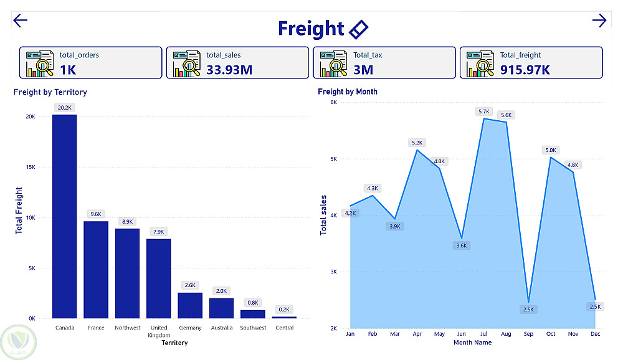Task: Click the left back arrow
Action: point(21,21)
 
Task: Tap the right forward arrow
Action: point(599,21)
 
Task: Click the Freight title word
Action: point(310,29)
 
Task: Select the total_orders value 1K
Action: point(68,69)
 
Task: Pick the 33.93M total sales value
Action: point(229,69)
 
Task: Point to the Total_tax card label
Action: point(368,55)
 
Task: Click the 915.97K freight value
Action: point(525,69)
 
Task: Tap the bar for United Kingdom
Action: point(159,278)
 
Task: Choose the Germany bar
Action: point(190,305)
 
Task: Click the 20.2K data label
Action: point(64,107)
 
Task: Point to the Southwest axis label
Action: point(253,328)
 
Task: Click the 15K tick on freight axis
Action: point(30,167)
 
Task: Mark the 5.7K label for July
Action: point(485,111)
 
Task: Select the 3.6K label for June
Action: point(461,245)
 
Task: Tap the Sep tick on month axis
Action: point(528,334)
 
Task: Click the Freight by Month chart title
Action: point(348,92)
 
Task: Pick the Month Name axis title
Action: point(472,343)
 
